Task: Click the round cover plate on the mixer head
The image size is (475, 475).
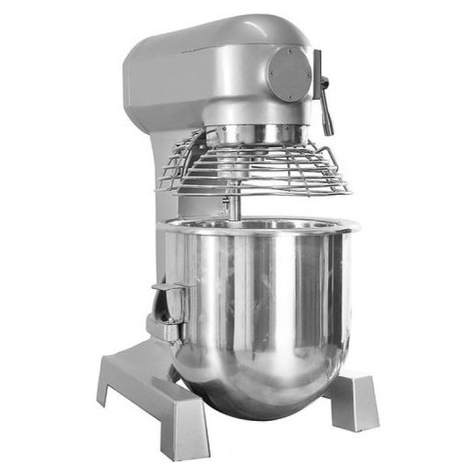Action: [x=288, y=73]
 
